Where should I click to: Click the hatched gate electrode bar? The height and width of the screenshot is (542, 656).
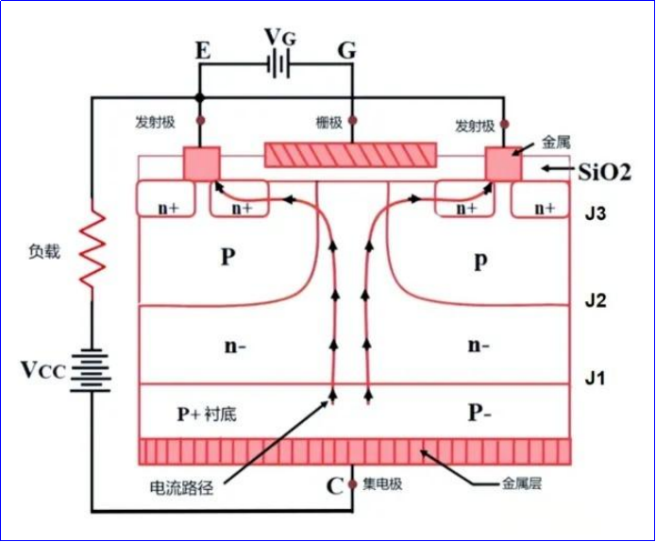tap(351, 156)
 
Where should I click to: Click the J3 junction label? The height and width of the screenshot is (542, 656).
tap(595, 214)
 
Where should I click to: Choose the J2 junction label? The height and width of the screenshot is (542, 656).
tap(595, 302)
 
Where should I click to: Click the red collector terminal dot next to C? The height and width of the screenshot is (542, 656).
tap(352, 485)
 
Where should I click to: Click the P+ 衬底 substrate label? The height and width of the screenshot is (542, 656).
tap(211, 414)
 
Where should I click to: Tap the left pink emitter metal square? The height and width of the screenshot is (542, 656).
tap(200, 163)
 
